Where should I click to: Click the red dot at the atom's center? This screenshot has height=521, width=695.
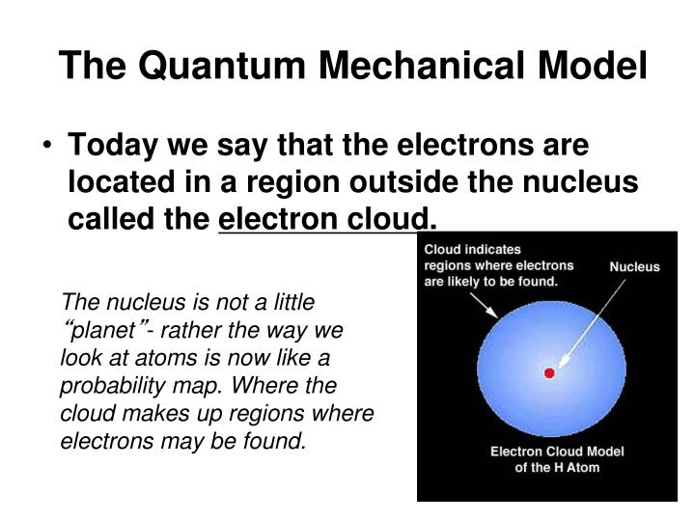click(x=549, y=372)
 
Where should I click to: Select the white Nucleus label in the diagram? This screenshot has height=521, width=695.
click(x=634, y=266)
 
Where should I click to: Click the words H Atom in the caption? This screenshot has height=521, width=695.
click(x=577, y=468)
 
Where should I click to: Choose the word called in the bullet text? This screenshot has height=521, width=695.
click(x=103, y=221)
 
